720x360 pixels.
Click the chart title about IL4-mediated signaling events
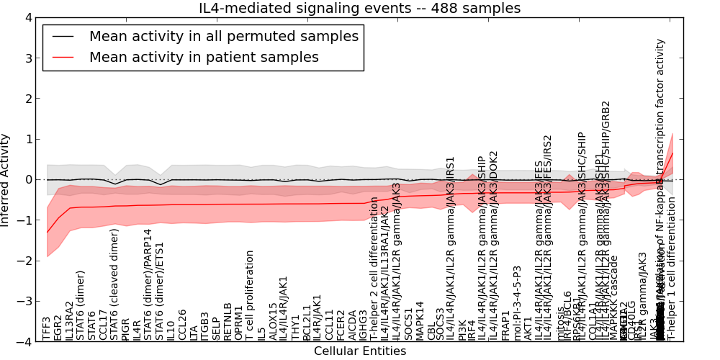point(359,8)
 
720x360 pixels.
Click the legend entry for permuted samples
point(223,36)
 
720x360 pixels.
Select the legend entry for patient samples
point(204,57)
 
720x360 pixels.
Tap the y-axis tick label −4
point(24,342)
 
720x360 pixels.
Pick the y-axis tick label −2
point(24,261)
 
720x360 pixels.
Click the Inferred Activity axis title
point(6,179)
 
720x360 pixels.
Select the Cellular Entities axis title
point(359,351)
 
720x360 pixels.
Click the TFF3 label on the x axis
point(48,328)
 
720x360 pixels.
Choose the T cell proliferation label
point(250,295)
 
